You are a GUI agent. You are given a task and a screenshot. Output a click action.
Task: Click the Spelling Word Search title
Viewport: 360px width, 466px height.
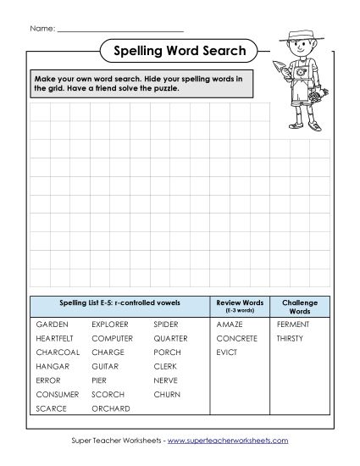pyautogui.click(x=180, y=51)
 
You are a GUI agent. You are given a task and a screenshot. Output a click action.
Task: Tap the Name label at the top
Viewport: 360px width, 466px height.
pyautogui.click(x=42, y=28)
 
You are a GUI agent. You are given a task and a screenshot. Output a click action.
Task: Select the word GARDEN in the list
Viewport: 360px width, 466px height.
pyautogui.click(x=53, y=324)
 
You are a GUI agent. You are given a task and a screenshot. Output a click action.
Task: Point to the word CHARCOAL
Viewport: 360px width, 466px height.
pyautogui.click(x=58, y=352)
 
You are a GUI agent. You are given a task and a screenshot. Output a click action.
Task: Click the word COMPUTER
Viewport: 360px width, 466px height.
pyautogui.click(x=113, y=338)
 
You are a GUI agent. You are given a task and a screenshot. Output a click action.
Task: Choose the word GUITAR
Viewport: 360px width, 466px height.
pyautogui.click(x=108, y=366)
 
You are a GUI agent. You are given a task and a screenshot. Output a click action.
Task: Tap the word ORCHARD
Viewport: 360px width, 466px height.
pyautogui.click(x=111, y=408)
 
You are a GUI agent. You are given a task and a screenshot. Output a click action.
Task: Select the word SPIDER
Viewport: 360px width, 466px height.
pyautogui.click(x=166, y=324)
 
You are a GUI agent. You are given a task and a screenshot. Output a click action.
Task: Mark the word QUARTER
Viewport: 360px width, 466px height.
pyautogui.click(x=170, y=338)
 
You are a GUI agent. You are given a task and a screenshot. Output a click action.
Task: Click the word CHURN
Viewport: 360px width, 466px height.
pyautogui.click(x=167, y=394)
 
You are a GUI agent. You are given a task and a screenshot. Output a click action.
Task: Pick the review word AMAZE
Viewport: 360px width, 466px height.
pyautogui.click(x=230, y=324)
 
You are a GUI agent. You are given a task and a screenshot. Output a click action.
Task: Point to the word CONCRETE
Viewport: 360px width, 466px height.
pyautogui.click(x=236, y=338)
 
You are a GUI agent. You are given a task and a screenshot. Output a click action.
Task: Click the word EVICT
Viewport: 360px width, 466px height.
pyautogui.click(x=226, y=352)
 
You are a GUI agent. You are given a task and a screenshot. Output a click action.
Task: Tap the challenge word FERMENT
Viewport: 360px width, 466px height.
pyautogui.click(x=293, y=324)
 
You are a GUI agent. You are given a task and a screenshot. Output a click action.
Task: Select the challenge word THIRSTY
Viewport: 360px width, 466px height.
pyautogui.click(x=291, y=338)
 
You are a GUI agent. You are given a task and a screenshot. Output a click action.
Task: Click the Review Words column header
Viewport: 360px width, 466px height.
pyautogui.click(x=240, y=305)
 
